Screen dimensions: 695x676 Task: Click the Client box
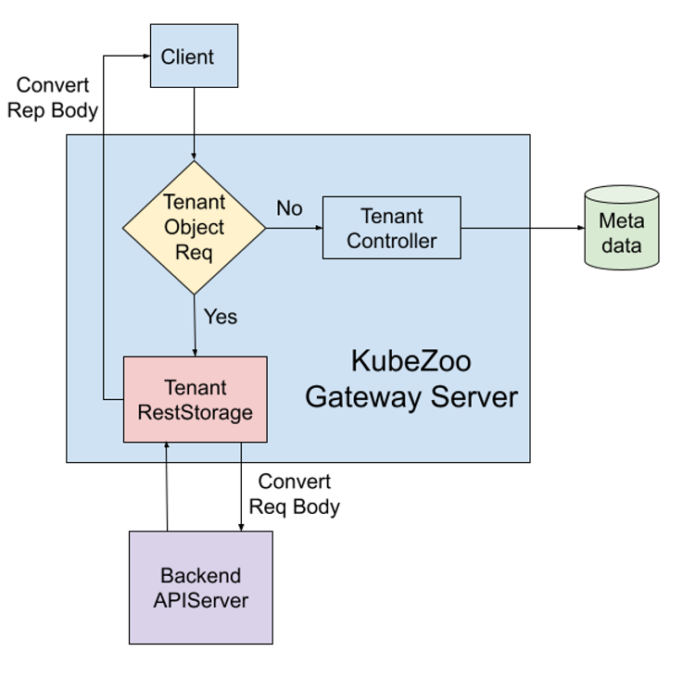point(195,56)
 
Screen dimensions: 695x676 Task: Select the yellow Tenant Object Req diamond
point(195,228)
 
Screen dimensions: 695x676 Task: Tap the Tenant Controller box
point(392,228)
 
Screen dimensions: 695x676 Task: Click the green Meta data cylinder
point(622,228)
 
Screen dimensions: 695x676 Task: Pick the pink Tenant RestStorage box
point(196,399)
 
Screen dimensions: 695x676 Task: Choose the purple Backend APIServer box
point(201,587)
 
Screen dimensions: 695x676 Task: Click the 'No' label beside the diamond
point(289,208)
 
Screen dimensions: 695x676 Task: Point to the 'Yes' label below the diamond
point(221,317)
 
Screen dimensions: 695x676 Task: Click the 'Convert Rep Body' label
point(53,98)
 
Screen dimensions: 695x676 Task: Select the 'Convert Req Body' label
point(295,494)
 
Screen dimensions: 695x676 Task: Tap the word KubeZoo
point(411,360)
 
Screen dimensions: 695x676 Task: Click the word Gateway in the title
point(363,397)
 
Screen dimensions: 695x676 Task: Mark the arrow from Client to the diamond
point(194,123)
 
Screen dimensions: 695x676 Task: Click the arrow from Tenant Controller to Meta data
point(523,228)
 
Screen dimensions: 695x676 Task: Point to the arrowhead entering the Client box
point(147,56)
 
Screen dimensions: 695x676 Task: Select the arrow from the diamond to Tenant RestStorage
point(195,326)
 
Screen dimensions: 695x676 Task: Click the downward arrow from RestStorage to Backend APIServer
point(241,487)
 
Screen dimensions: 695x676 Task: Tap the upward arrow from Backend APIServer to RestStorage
point(167,486)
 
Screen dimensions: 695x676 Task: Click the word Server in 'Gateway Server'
point(474,396)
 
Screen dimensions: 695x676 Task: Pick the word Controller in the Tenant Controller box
point(392,241)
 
